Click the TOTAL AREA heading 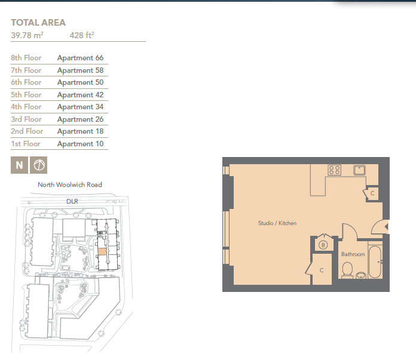[x=38, y=23]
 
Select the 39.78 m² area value [x=27, y=35]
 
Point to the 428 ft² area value [x=82, y=35]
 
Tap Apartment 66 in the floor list [x=80, y=58]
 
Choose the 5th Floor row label [x=26, y=95]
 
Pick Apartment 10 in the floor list [x=80, y=144]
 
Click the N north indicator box [x=19, y=165]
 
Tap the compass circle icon [x=38, y=165]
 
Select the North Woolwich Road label [x=70, y=184]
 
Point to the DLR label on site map [x=72, y=201]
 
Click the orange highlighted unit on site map [x=103, y=252]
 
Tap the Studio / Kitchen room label [x=277, y=223]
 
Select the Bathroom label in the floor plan [x=353, y=254]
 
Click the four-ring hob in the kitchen [x=334, y=170]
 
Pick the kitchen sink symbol [x=359, y=170]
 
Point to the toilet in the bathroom [x=347, y=270]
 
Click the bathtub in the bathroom [x=375, y=262]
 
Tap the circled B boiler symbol [x=323, y=245]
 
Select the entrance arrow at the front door [x=387, y=227]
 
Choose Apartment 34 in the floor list [x=80, y=107]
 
